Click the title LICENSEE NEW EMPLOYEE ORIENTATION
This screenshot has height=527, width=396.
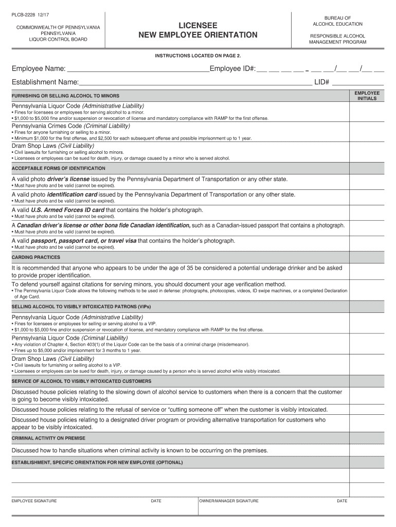coord(198,30)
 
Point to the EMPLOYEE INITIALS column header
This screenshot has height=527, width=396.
coord(367,96)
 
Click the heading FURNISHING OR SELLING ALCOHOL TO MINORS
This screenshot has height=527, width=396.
coord(65,96)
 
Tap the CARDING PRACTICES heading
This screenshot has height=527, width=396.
coord(36,257)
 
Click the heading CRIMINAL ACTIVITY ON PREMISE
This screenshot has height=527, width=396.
coord(48,438)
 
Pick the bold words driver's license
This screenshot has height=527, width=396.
coord(68,179)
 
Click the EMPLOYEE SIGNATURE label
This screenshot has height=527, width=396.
coord(34,501)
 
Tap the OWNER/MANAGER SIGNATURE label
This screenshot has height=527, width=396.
coord(229,501)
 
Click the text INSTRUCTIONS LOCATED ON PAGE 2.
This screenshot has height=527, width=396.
coord(198,55)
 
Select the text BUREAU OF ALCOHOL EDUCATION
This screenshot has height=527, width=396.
coord(337,21)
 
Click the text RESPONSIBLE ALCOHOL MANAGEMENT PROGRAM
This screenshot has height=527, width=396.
coord(337,39)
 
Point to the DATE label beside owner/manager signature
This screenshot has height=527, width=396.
coord(342,501)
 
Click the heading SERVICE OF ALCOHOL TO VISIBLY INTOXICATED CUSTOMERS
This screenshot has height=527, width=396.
coord(81,381)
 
